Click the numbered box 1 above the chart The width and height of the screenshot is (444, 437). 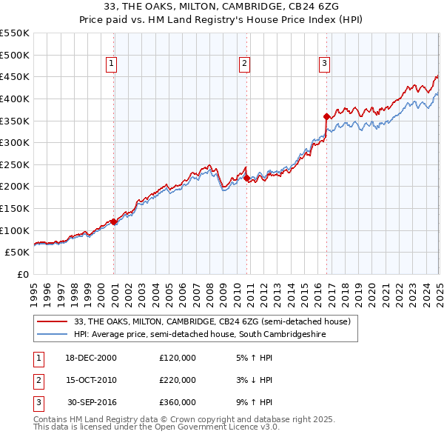112,64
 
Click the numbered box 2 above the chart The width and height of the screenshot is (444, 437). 243,64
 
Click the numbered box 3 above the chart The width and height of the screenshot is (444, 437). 324,64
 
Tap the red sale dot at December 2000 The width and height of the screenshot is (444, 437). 114,221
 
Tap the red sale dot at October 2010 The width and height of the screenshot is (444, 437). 246,178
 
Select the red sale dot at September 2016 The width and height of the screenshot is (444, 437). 326,116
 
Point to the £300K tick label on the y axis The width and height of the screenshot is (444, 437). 15,142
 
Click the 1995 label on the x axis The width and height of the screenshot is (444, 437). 33,293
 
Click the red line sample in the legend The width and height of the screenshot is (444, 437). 52,321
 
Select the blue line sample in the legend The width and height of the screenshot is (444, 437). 52,335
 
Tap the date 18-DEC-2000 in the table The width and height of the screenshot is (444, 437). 91,358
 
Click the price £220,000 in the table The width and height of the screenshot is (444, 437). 178,380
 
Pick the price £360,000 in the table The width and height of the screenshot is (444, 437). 178,402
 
